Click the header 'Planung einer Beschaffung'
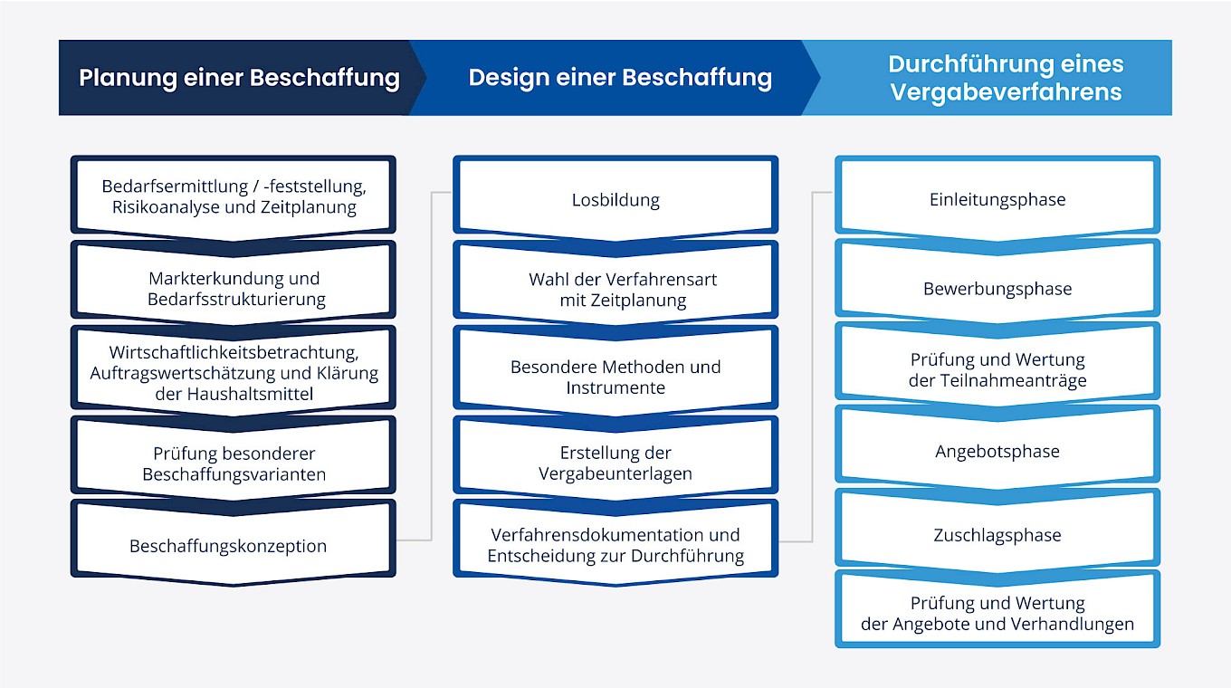click(x=239, y=78)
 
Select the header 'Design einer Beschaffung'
click(x=620, y=78)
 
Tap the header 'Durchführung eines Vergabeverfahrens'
click(x=1005, y=78)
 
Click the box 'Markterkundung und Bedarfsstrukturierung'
click(x=234, y=288)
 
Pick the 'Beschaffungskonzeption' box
click(x=228, y=546)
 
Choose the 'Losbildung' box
click(x=615, y=200)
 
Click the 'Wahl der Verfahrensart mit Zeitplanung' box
click(x=623, y=289)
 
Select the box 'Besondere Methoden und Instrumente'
click(x=615, y=377)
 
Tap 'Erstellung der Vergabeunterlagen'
click(x=615, y=463)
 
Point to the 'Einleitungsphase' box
click(x=997, y=200)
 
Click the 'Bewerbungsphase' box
click(x=997, y=289)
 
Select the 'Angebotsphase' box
click(x=997, y=451)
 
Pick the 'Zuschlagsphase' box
click(x=997, y=535)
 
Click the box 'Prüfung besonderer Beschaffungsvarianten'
click(x=234, y=463)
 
